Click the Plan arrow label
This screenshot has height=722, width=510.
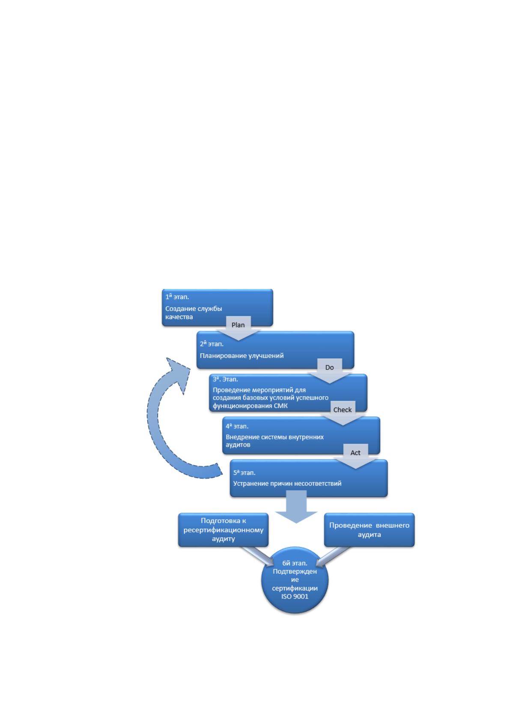click(238, 325)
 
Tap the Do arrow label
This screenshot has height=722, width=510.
click(329, 367)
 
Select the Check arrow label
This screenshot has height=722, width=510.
click(342, 410)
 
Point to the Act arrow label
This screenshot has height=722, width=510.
click(355, 453)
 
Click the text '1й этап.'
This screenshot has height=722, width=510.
click(177, 297)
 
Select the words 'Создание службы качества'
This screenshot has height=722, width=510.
click(194, 312)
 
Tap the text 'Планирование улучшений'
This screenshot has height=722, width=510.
click(242, 355)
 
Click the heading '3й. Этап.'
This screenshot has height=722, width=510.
click(225, 379)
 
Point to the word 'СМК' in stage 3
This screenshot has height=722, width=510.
click(280, 406)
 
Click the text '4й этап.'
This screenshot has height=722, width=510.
click(237, 426)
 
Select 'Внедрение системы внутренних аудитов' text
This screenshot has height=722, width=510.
click(274, 441)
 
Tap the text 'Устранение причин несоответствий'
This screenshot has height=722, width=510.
click(287, 483)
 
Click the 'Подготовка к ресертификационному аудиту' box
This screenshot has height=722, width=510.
click(223, 529)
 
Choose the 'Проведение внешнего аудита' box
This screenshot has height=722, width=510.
click(369, 529)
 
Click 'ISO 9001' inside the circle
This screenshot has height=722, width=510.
click(295, 596)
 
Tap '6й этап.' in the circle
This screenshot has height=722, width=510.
click(295, 563)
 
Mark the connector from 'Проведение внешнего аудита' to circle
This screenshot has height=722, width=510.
click(333, 556)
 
